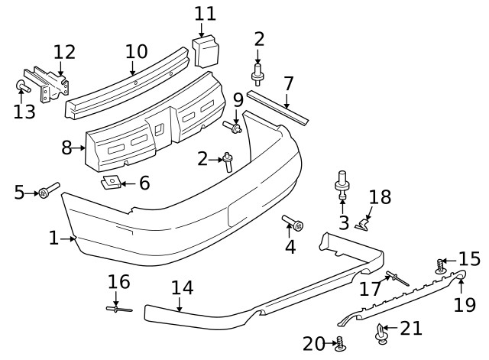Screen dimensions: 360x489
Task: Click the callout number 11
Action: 205,14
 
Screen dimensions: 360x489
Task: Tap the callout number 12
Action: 65,52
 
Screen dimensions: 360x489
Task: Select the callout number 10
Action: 136,52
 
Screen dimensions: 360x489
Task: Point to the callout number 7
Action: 288,83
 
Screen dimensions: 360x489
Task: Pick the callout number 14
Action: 182,288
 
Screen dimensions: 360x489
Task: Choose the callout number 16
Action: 118,281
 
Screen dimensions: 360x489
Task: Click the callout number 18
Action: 380,197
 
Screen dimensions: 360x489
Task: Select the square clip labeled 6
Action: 112,183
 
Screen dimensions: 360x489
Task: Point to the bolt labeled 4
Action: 293,223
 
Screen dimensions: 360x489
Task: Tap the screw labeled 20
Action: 341,343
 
